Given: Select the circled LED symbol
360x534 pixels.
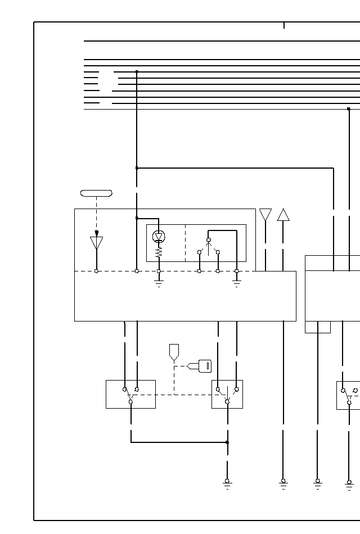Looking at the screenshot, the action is [x=159, y=237].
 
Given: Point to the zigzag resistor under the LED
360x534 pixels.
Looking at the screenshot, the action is [x=159, y=253].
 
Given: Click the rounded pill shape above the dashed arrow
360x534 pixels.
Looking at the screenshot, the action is [x=96, y=193].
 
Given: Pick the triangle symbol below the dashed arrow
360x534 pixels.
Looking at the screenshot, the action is [x=96, y=243].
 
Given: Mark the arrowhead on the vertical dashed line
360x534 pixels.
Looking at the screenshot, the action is [x=96, y=233].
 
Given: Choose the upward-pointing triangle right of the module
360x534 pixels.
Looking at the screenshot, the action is [x=283, y=215].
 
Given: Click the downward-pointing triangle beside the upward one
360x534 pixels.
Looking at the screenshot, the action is [x=265, y=215].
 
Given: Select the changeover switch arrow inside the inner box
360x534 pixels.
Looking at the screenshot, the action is [x=208, y=246].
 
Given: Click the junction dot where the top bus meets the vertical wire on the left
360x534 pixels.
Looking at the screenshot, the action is [x=137, y=72].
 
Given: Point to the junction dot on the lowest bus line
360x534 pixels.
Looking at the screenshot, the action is [x=349, y=109].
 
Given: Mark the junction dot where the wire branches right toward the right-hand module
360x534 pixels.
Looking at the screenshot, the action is [x=137, y=168].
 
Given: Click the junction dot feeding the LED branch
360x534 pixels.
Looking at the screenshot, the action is [x=137, y=218].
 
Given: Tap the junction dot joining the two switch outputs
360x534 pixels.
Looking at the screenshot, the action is [x=227, y=442].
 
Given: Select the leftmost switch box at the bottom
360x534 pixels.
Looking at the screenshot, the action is [x=130, y=394].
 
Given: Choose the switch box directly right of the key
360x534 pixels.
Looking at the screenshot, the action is [x=227, y=394].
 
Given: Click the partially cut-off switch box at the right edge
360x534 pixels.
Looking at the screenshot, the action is [x=348, y=395].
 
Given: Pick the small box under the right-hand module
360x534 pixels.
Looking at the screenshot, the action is [x=317, y=327].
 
